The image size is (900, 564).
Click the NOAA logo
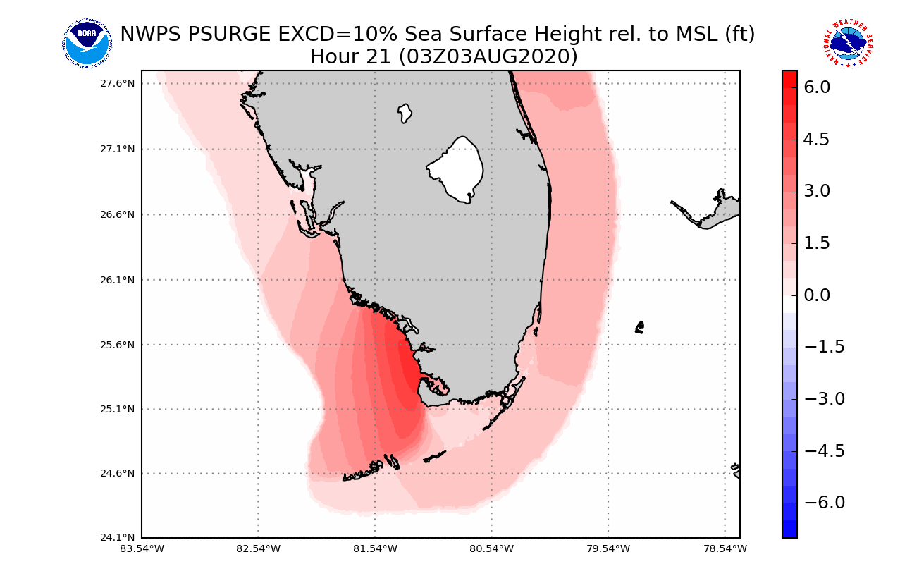tap(87, 44)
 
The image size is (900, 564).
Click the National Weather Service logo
tap(847, 44)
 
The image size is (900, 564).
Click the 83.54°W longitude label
tap(142, 548)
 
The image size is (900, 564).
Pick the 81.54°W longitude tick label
tap(375, 548)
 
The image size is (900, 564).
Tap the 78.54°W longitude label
tap(725, 548)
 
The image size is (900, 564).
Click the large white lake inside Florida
tap(457, 169)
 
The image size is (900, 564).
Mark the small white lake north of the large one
tap(405, 113)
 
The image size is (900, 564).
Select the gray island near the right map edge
tap(712, 211)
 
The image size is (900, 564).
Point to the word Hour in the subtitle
tap(333, 56)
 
